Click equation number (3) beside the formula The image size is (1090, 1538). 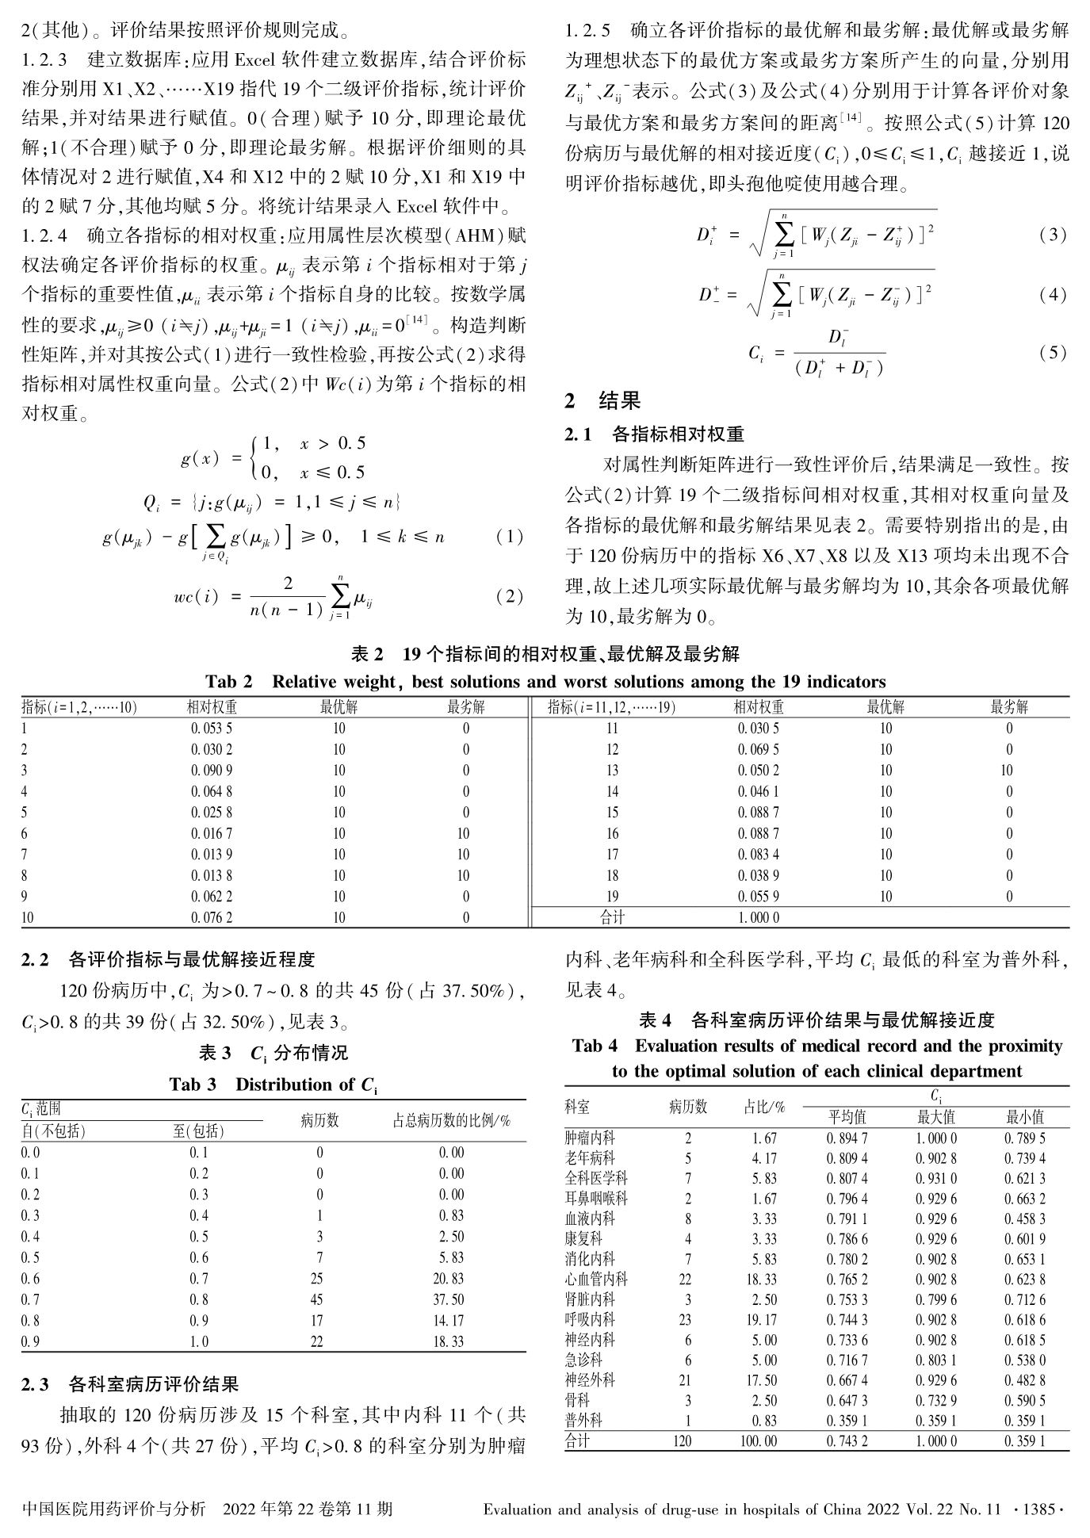pos(1052,235)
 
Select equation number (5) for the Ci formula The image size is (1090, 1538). pos(1052,353)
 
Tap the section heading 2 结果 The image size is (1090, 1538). pos(602,401)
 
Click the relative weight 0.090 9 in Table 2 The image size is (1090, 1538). pos(211,771)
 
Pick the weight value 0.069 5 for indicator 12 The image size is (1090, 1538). pos(758,749)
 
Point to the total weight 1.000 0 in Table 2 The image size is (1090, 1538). pos(758,918)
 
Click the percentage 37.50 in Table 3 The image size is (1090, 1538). pos(451,1299)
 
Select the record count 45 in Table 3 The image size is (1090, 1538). pos(319,1299)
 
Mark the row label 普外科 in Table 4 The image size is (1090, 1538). pos(583,1421)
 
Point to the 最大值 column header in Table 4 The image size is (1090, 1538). pos(935,1117)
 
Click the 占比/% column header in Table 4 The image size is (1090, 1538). pos(764,1107)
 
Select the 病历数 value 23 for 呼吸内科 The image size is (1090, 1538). pos(687,1320)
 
